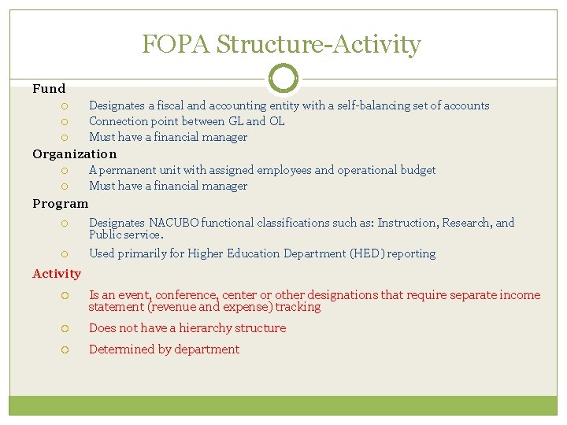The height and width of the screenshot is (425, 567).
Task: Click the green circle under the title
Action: tap(283, 78)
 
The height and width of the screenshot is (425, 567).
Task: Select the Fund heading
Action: tap(49, 89)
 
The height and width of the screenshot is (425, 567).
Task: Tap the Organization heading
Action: tap(74, 154)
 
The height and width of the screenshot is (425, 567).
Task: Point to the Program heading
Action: tap(61, 204)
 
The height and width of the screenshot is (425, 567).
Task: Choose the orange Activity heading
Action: tap(57, 274)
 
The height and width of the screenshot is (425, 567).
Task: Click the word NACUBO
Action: tap(173, 223)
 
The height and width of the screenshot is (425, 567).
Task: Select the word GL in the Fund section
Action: tap(235, 121)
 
